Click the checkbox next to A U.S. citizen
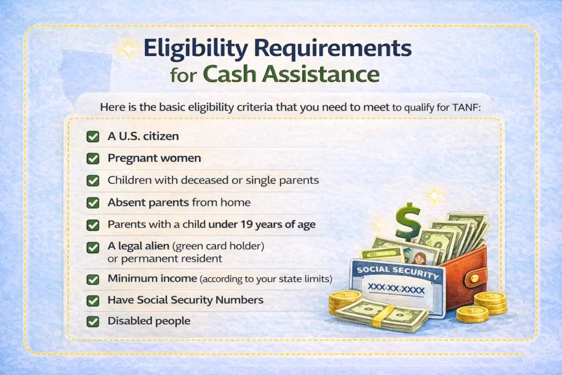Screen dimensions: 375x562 pos(93,136)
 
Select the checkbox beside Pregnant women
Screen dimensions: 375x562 pos(93,158)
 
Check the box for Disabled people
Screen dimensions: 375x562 pos(93,321)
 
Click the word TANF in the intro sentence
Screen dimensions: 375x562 pos(467,108)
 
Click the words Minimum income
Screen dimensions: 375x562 pos(152,279)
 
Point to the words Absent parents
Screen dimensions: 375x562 pos(148,202)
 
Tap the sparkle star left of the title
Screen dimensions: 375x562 pos(128,49)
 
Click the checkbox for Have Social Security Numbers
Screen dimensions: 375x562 pos(93,300)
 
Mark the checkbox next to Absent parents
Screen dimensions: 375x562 pos(93,202)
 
